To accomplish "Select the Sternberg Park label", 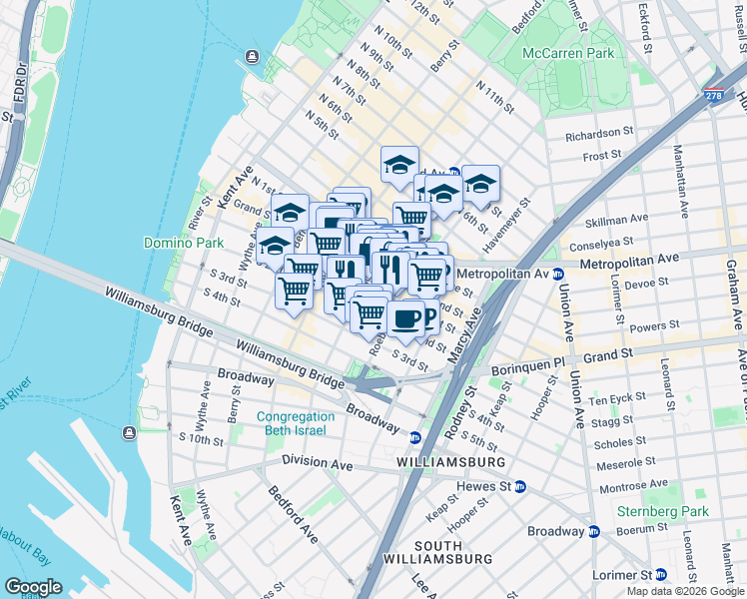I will tap(676, 511).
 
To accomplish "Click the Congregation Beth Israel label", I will tap(295, 423).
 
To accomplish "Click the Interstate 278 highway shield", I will tap(713, 96).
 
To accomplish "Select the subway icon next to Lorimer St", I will tap(661, 575).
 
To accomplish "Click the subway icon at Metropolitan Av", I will tap(558, 274).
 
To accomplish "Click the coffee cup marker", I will tap(404, 318).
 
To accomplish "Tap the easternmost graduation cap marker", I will tap(480, 183).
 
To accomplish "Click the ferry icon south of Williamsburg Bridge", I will tap(129, 432).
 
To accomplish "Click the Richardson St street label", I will tap(599, 132).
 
